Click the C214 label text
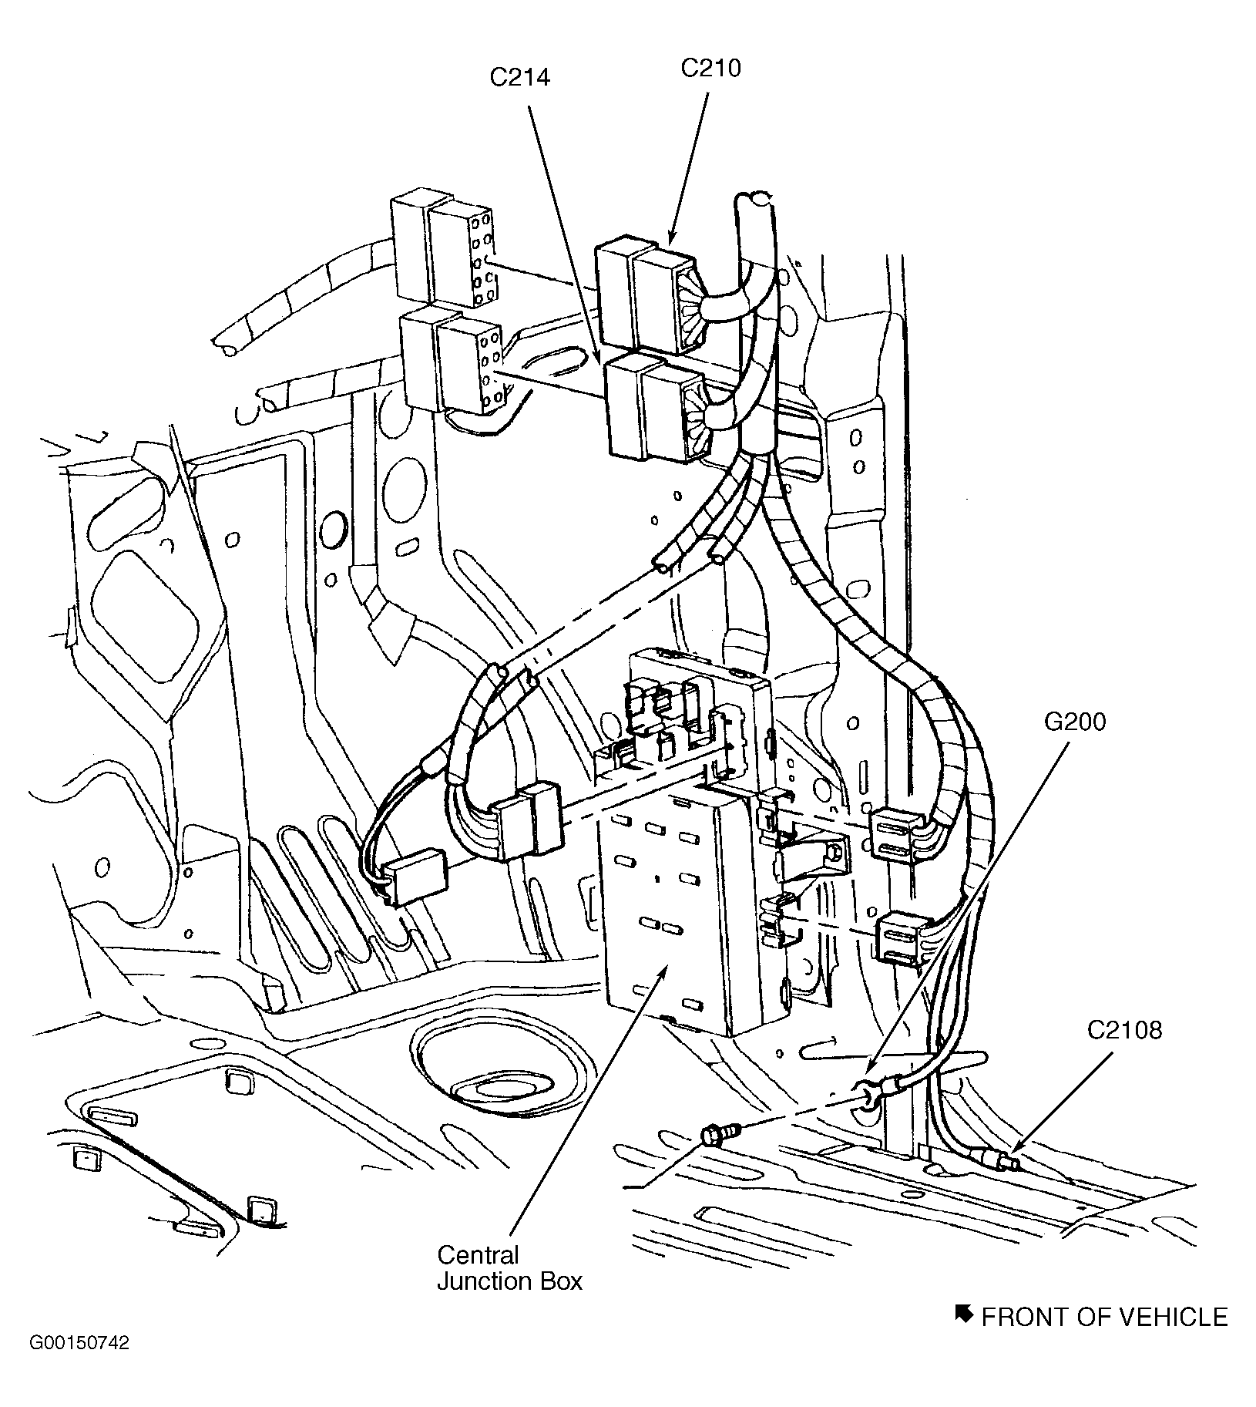520,77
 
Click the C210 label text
710,68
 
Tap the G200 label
1075,722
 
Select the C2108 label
1124,1030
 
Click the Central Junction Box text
509,1268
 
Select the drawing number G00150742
79,1365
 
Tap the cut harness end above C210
754,202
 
